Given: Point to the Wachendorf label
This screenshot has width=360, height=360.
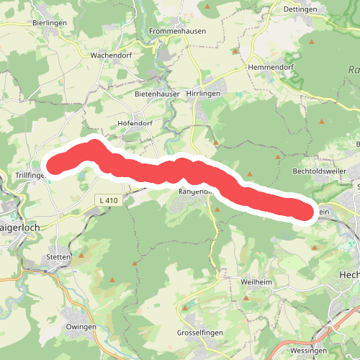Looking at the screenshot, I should tap(109, 55).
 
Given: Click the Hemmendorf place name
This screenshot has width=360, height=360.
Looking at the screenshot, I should tap(271, 67).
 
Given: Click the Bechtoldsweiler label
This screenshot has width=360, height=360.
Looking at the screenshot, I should tap(321, 172).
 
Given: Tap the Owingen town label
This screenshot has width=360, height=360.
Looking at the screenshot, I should tap(81, 327).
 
